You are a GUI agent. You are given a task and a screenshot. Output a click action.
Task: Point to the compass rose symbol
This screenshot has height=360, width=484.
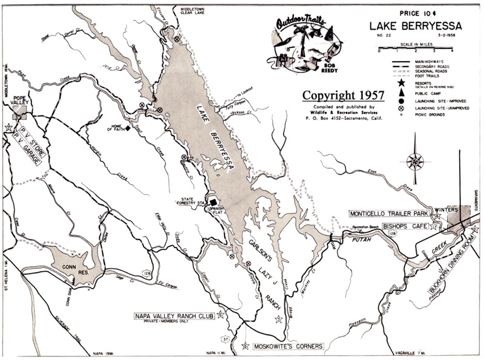415,162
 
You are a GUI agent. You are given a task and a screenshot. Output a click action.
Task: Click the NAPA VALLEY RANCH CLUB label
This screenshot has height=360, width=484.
174,316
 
